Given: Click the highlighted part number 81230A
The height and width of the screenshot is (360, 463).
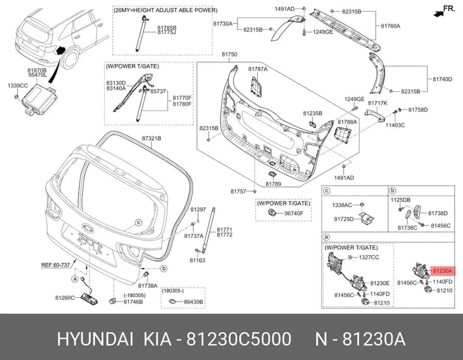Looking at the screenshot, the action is coord(443,270).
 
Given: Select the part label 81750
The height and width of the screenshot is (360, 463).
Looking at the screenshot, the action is coord(230,54).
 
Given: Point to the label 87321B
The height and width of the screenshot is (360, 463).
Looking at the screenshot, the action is coord(152,138).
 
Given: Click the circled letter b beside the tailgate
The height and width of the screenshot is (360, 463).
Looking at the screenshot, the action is coord(164,269).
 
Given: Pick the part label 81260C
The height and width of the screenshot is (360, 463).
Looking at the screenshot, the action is coord(65,298).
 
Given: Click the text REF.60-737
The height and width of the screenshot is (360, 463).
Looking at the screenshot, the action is coord(55,265).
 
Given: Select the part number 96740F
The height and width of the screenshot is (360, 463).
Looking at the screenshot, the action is coord(294,213).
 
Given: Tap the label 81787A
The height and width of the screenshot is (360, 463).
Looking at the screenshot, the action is coord(258,69).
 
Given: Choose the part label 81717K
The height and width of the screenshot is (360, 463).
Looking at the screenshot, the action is coord(378,103).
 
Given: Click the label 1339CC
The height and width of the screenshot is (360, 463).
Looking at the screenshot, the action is coord(18,86).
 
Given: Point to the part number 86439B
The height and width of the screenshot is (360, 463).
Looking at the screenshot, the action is coord(193,302).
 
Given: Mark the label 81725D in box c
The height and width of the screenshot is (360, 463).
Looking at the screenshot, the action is coord(344,219).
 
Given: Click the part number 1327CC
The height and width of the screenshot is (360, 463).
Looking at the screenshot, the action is coord(369,258).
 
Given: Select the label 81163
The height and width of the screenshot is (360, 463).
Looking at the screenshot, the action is coord(197,261).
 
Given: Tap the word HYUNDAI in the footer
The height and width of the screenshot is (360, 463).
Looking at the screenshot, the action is coord(95,339).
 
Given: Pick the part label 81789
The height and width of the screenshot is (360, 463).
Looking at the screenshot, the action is coord(273,184).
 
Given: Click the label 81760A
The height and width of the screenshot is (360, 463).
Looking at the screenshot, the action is coord(391,26).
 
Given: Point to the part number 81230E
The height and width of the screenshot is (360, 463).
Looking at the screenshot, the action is coord(380,283).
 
